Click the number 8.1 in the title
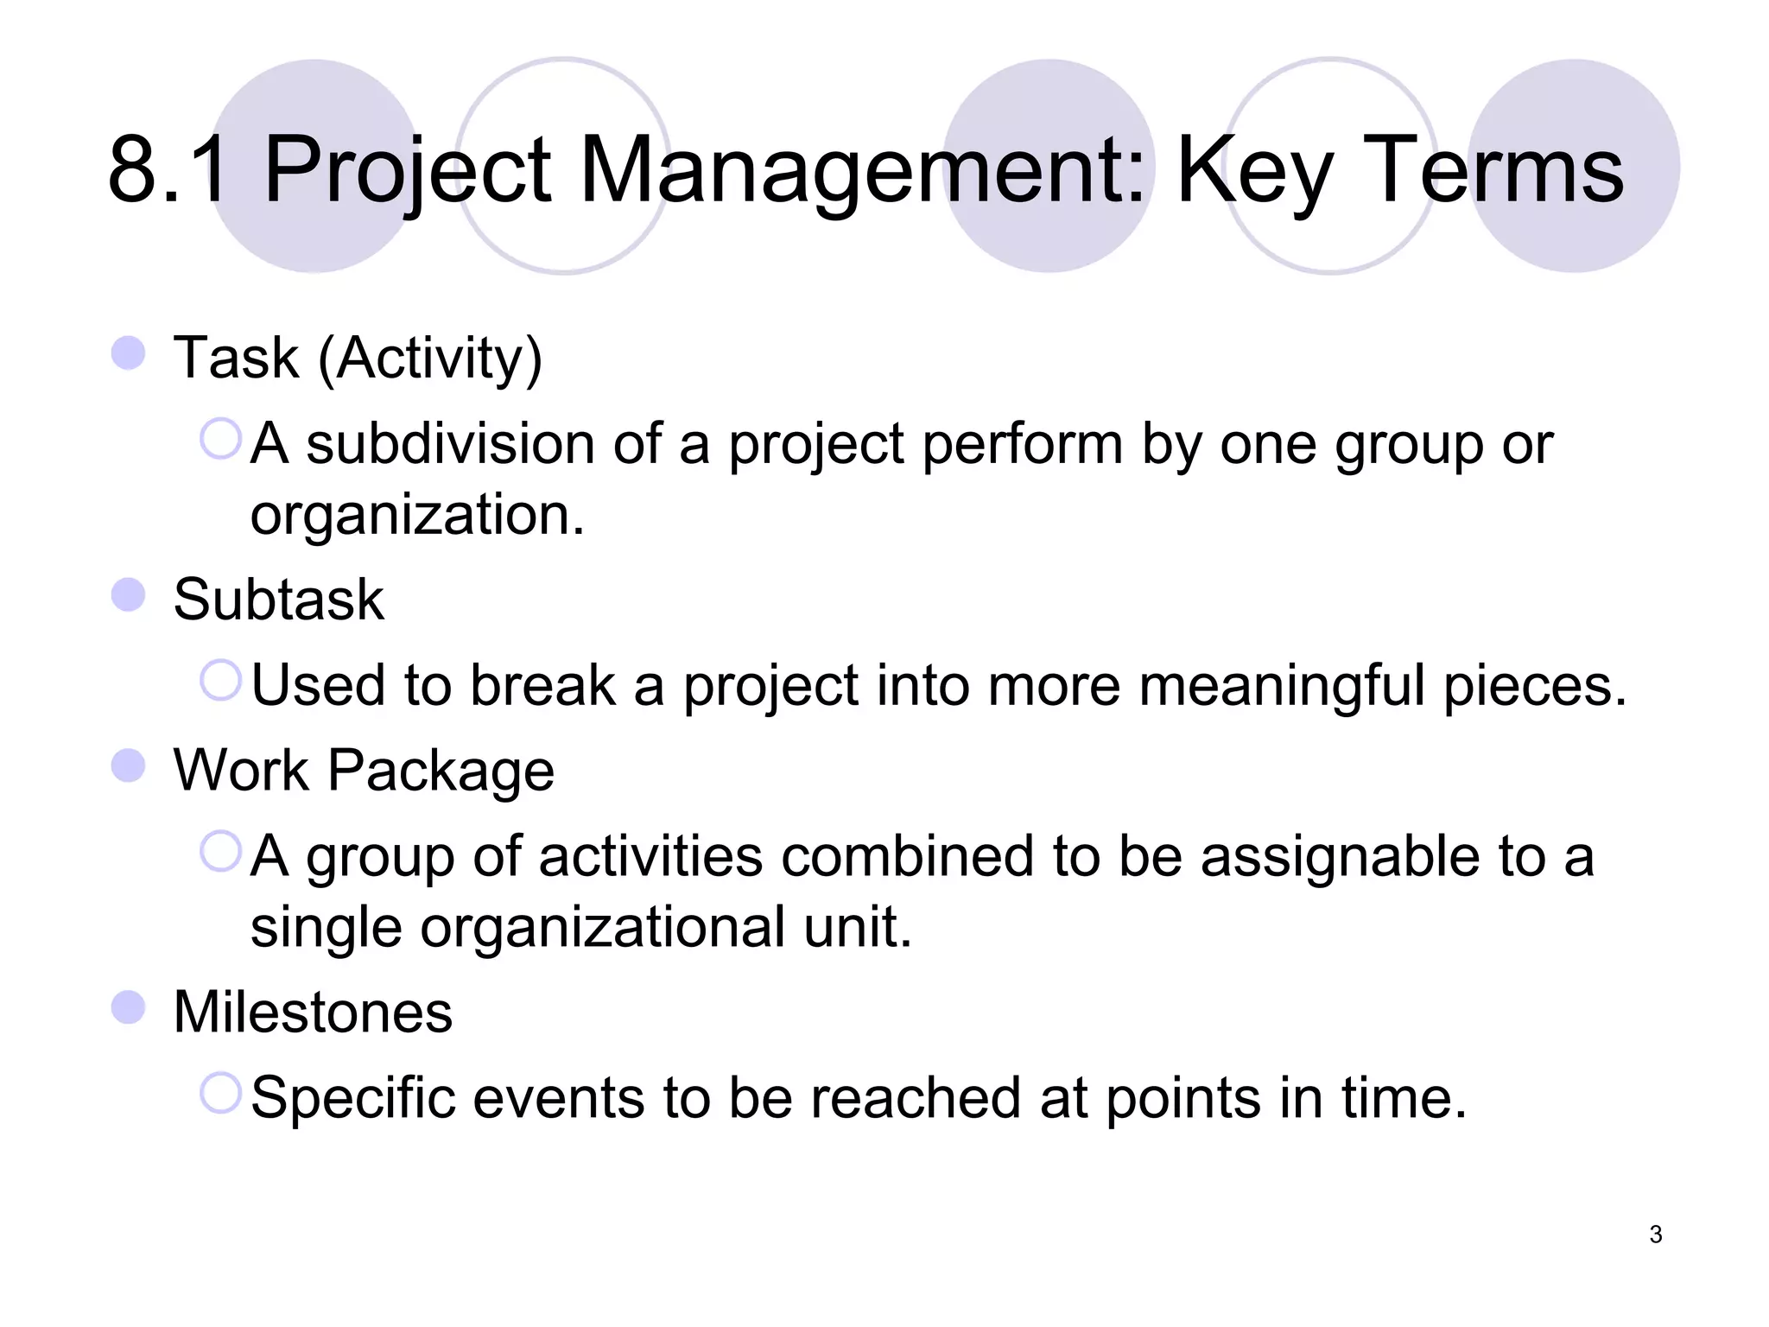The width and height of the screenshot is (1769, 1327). (169, 170)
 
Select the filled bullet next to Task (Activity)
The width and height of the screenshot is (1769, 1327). (129, 353)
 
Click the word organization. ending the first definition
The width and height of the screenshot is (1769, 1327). (416, 515)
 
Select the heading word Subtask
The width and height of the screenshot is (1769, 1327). (278, 599)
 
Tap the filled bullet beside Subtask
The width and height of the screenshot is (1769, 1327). (129, 594)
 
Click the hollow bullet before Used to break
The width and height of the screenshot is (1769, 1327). (220, 680)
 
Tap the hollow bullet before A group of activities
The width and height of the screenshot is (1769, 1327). (220, 851)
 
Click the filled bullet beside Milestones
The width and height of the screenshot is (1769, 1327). (129, 1007)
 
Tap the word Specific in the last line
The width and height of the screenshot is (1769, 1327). (352, 1098)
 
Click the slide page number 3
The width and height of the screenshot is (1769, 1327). (1655, 1235)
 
